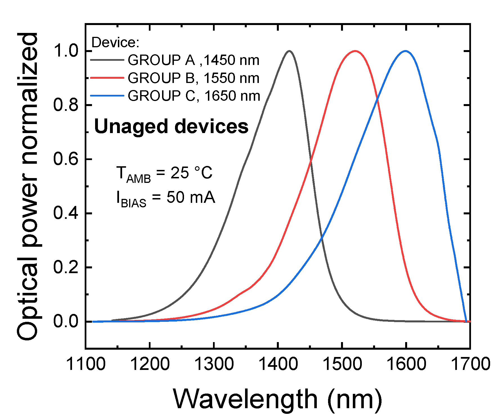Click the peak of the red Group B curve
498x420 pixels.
(355, 51)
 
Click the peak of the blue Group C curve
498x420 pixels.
(405, 51)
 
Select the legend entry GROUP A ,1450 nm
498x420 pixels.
(193, 60)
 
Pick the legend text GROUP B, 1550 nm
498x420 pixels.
(193, 78)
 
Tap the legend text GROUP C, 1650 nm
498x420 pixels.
(194, 96)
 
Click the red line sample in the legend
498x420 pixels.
(107, 78)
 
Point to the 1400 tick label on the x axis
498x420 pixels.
(278, 364)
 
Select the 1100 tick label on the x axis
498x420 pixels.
(86, 364)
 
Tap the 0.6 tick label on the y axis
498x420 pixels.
(66, 159)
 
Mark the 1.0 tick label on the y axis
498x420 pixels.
(66, 51)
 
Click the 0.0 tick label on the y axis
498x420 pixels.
(66, 321)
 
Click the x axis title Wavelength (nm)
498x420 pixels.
(277, 399)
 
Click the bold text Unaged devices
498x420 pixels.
(171, 126)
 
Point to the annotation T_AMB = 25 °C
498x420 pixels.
(164, 173)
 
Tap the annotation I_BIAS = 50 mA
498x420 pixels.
(166, 198)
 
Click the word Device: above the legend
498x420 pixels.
(115, 43)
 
